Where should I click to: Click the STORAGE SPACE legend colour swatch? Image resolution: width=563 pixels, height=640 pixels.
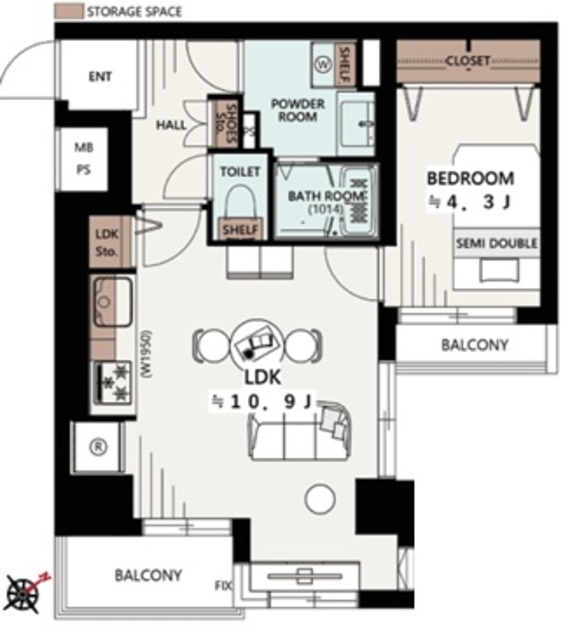[69, 11]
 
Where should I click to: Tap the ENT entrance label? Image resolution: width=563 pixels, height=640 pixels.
[100, 76]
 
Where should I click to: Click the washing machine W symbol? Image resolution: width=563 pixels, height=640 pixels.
[323, 64]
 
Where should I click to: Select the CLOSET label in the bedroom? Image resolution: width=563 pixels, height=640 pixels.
[467, 62]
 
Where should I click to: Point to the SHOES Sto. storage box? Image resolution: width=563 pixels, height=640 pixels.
[226, 124]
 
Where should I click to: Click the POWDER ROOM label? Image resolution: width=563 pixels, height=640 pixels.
[298, 110]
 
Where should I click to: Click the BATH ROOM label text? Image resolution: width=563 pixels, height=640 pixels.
[326, 196]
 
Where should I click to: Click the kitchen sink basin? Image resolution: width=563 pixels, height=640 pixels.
[113, 301]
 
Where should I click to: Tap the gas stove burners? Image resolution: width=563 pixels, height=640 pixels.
[114, 383]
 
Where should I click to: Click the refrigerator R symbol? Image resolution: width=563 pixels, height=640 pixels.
[98, 447]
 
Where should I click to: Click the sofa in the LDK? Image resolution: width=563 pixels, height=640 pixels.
[300, 432]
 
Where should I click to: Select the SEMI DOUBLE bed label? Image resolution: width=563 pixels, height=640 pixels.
[496, 244]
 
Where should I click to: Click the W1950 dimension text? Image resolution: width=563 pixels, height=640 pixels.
[146, 353]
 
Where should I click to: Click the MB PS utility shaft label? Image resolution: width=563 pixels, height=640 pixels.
[84, 158]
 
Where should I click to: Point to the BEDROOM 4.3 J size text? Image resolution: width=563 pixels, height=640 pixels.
[470, 202]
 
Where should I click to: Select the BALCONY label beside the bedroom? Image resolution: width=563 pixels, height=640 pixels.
[475, 345]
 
